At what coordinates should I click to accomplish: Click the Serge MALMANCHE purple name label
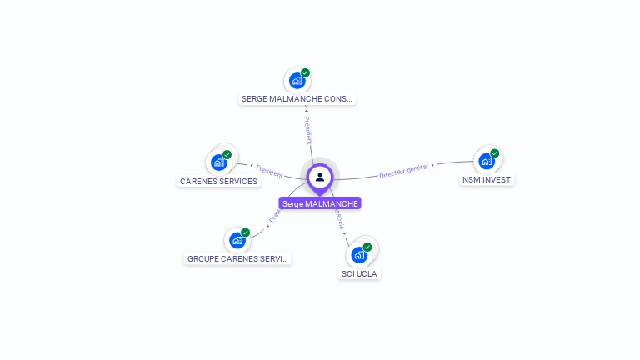[320, 203]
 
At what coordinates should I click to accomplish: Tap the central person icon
[320, 177]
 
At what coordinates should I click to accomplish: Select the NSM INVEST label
[487, 180]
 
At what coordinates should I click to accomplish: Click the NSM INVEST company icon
[487, 161]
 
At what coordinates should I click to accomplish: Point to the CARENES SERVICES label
[218, 181]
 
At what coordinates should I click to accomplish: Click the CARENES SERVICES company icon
[219, 162]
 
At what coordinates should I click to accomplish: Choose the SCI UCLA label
[360, 273]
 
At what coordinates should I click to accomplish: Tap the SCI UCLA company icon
[359, 254]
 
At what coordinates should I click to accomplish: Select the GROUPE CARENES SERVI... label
[237, 258]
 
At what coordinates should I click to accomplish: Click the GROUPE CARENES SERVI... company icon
[237, 240]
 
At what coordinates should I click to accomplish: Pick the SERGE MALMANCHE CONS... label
[297, 98]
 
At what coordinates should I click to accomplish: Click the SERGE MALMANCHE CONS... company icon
[296, 81]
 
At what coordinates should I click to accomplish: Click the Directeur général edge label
[403, 171]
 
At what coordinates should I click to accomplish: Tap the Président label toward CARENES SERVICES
[268, 171]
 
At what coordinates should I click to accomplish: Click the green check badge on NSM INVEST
[495, 153]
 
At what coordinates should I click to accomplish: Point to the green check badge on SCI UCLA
[367, 247]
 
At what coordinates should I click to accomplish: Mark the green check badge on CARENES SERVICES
[227, 154]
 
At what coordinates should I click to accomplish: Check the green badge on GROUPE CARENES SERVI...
[246, 232]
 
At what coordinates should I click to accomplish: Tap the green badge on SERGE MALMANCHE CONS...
[305, 73]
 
